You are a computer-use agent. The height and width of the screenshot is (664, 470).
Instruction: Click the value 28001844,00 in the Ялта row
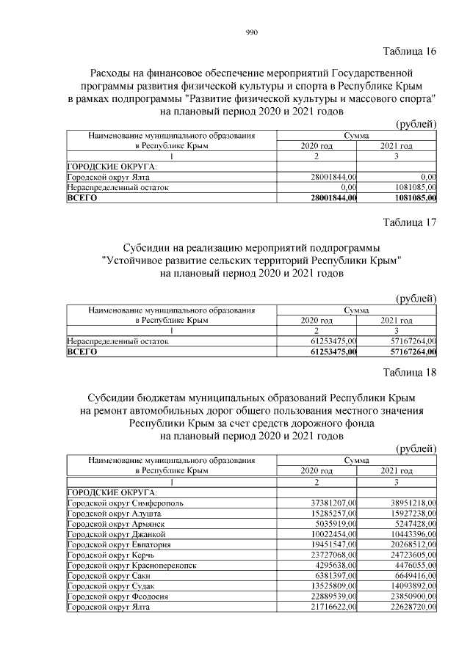coord(333,177)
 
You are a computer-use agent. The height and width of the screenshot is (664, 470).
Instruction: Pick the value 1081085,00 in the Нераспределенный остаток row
coord(412,187)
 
